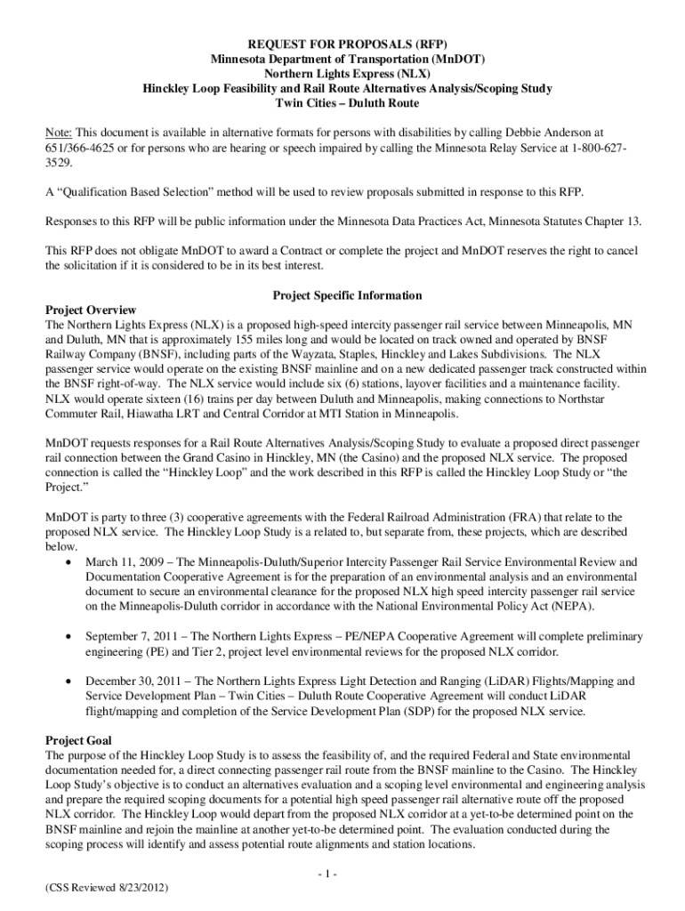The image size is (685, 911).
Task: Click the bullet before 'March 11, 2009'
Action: [x=68, y=563]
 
